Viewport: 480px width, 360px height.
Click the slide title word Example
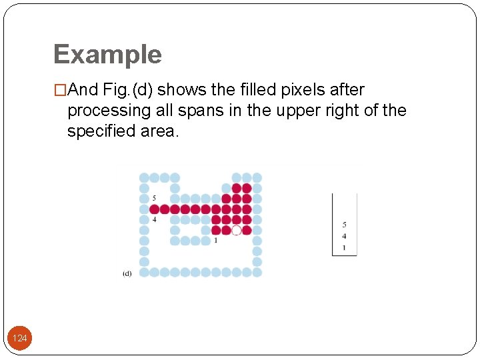tap(107, 55)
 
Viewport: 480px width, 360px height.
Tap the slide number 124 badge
tap(20, 339)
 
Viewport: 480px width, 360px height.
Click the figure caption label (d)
tap(127, 273)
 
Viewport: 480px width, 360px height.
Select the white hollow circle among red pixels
tap(236, 230)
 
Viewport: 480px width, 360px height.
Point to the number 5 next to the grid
tap(154, 198)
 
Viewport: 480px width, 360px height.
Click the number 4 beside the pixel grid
tap(154, 219)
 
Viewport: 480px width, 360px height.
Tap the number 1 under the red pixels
tap(215, 241)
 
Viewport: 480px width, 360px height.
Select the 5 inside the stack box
tap(344, 225)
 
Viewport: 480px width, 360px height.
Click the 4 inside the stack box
tap(344, 236)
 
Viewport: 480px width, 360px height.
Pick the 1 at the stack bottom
tap(344, 247)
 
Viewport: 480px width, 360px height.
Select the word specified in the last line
tap(97, 131)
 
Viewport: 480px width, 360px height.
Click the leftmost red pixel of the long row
tap(154, 209)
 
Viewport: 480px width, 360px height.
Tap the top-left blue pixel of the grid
tap(144, 177)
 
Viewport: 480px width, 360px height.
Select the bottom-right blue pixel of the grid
tap(257, 272)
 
